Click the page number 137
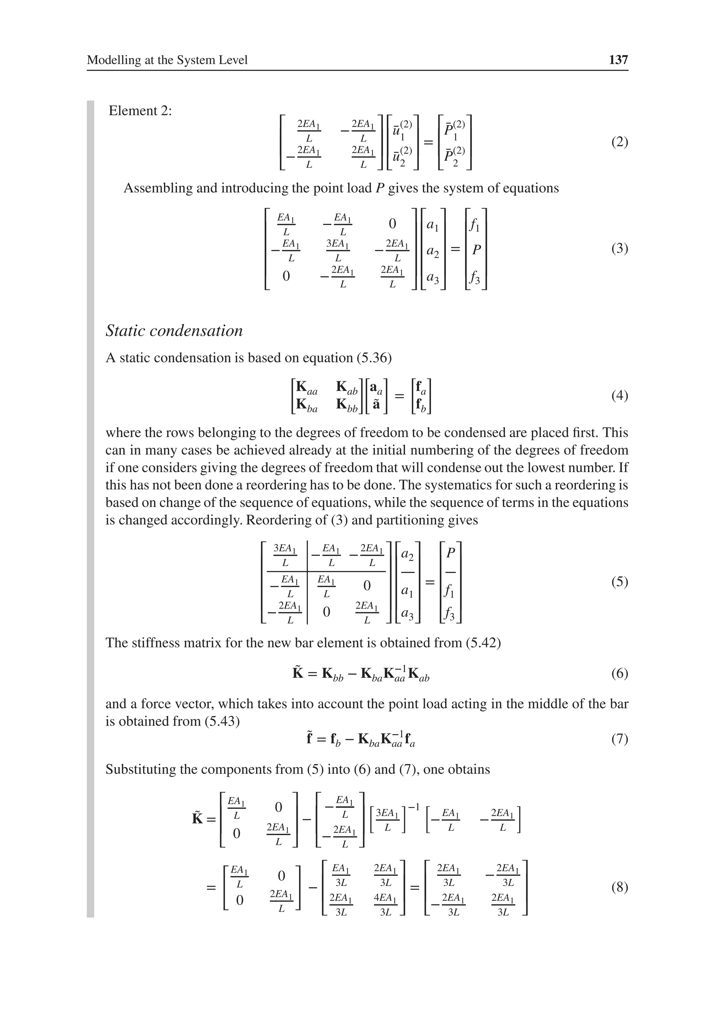click(x=618, y=60)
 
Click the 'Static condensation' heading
click(x=174, y=330)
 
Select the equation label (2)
click(x=619, y=142)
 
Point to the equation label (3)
click(x=619, y=249)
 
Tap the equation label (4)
click(x=619, y=396)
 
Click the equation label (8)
click(x=619, y=888)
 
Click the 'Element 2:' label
click(x=140, y=111)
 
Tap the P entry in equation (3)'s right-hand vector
click(x=476, y=250)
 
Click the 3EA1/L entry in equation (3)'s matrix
click(x=338, y=250)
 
